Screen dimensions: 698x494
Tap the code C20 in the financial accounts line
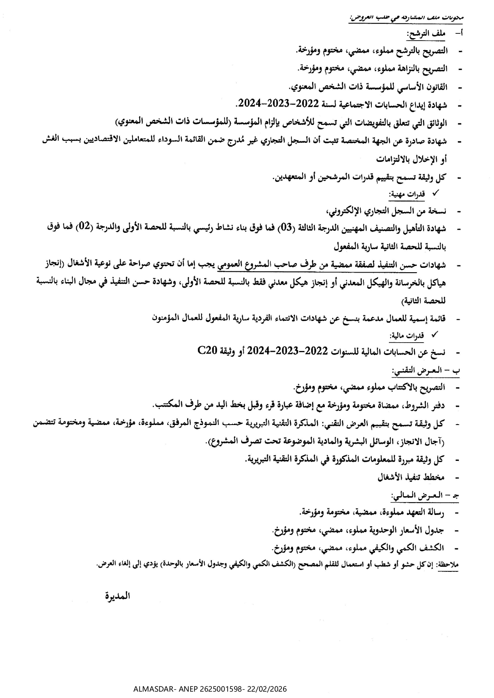pos(207,351)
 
